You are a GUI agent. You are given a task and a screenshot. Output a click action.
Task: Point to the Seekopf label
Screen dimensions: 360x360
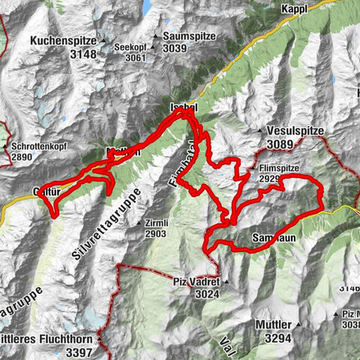[x=128, y=46]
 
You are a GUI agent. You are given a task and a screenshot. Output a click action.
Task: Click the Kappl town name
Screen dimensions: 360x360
[x=295, y=8]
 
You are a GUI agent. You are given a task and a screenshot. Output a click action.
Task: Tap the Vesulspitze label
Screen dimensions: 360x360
[x=296, y=130]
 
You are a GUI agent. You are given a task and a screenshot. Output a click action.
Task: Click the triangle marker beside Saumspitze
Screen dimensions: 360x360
[x=156, y=36]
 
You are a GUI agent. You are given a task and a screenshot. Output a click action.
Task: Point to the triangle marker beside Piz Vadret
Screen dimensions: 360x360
[x=224, y=282]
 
